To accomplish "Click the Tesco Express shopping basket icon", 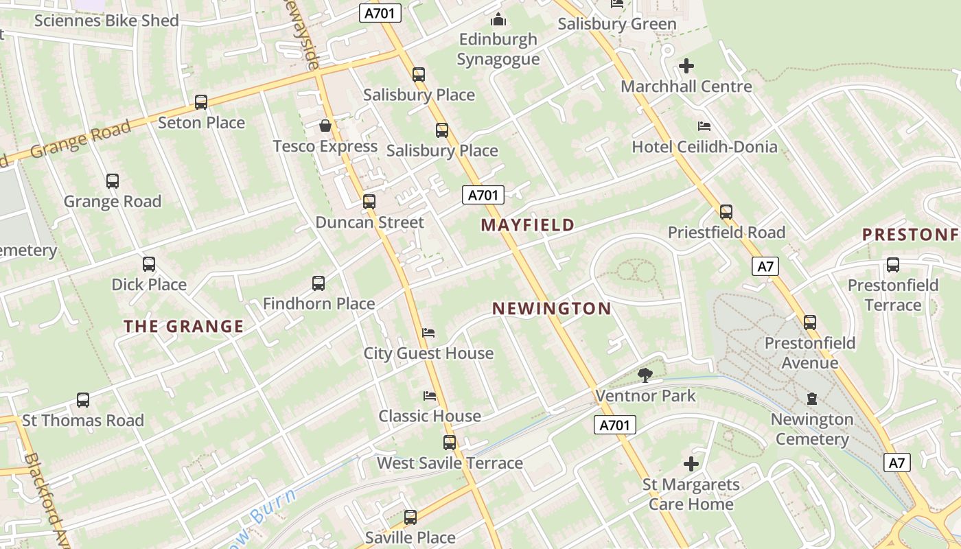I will point(325,126).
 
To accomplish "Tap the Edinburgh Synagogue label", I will point(498,49).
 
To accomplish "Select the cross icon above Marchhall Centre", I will point(686,66).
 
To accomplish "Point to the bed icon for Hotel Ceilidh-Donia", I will point(704,126).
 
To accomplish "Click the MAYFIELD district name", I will point(527,225).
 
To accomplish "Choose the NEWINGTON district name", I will point(551,309).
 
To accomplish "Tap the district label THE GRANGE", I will point(183,327).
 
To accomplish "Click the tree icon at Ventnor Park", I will point(645,375).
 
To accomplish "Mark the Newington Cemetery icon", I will point(812,399).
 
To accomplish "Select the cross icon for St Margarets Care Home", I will point(691,464).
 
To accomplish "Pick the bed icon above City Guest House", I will point(428,333).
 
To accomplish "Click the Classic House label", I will point(430,416).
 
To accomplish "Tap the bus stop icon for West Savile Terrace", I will point(450,443).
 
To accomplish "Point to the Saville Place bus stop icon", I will point(410,517).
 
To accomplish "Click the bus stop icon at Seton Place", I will point(201,102).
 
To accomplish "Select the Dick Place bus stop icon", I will point(149,264).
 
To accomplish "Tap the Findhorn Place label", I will point(319,303).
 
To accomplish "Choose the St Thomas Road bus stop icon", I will point(83,400).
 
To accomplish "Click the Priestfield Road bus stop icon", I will point(726,212).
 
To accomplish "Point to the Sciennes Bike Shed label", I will point(106,21).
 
